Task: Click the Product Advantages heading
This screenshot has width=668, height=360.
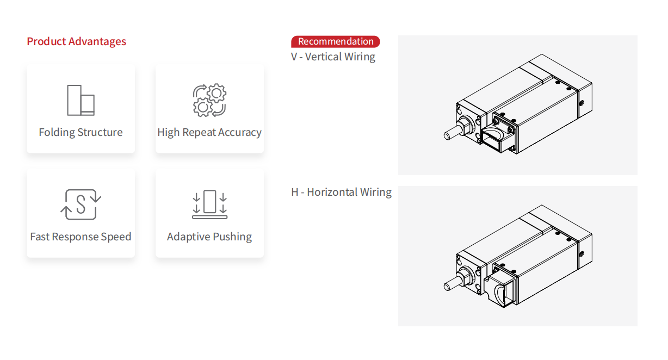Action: (x=76, y=42)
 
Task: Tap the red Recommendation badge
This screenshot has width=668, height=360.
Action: (x=335, y=42)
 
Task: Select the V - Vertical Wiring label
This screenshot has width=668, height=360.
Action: (x=333, y=57)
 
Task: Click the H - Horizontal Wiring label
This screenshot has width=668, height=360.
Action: (x=341, y=193)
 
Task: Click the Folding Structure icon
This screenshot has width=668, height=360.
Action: (x=81, y=100)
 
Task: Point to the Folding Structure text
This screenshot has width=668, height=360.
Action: (x=81, y=133)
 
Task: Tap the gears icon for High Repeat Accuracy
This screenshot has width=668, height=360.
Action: (x=209, y=100)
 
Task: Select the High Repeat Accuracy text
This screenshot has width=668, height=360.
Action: (x=209, y=133)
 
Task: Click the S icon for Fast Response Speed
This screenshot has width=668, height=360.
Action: (x=81, y=204)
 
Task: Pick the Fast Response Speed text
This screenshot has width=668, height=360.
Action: (x=81, y=237)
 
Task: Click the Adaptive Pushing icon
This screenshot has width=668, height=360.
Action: (x=209, y=204)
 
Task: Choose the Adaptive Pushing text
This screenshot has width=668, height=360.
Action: (x=209, y=237)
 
